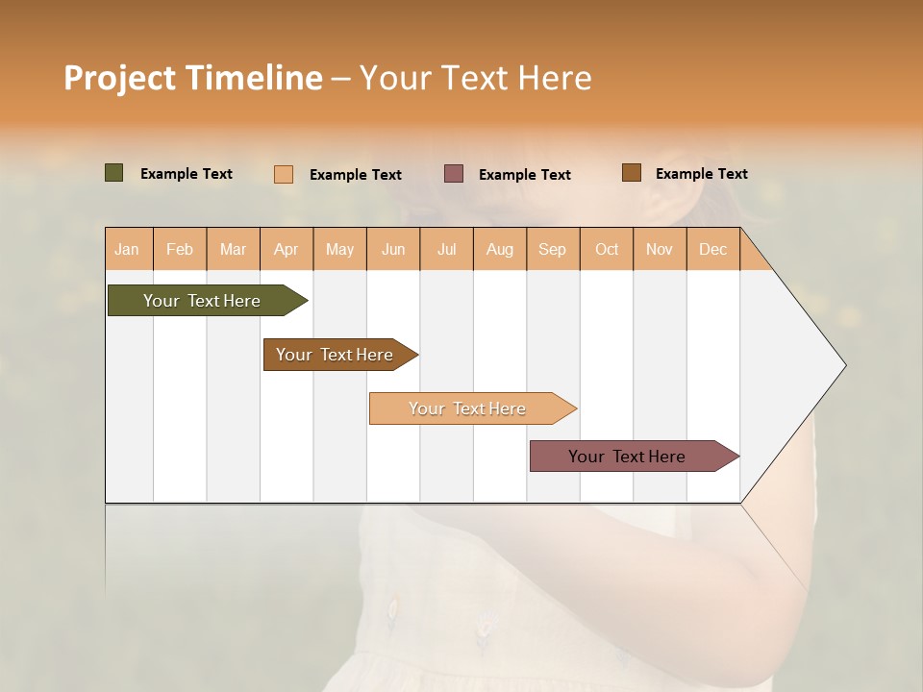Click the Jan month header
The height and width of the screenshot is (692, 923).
tap(127, 249)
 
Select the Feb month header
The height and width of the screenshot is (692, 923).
tap(180, 249)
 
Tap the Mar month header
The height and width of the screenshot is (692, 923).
tap(233, 249)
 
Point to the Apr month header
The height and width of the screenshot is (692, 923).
tap(287, 249)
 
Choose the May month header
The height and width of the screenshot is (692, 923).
tap(339, 249)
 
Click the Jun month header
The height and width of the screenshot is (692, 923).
tap(393, 249)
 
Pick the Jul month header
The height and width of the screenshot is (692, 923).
tap(446, 249)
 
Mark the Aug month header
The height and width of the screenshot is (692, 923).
tap(500, 249)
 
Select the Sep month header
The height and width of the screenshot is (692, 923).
tap(553, 249)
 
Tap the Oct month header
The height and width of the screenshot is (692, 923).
tap(607, 249)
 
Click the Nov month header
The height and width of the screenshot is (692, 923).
tap(660, 249)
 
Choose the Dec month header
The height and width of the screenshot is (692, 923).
tap(713, 249)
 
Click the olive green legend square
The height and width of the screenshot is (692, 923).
tap(114, 173)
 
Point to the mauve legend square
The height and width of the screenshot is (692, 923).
tap(454, 173)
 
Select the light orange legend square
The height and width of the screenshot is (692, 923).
tap(284, 174)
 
